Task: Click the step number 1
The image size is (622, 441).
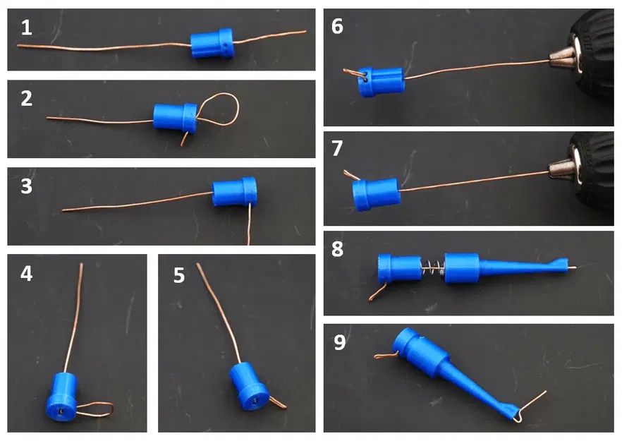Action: [27, 28]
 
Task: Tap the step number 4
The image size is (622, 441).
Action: [27, 274]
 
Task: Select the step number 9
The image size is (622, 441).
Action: [340, 342]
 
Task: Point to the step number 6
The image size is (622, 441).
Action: [337, 26]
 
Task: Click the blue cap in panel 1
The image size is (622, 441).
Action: [212, 43]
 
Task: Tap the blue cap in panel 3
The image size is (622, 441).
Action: [234, 192]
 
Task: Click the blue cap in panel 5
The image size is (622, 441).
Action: [249, 387]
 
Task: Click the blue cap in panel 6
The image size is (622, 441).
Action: [382, 82]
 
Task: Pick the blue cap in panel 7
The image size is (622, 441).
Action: [376, 194]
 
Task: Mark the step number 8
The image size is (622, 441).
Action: [337, 249]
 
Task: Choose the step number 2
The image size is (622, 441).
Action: [27, 99]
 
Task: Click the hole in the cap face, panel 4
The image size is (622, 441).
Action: [61, 411]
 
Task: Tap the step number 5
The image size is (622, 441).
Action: [179, 275]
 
